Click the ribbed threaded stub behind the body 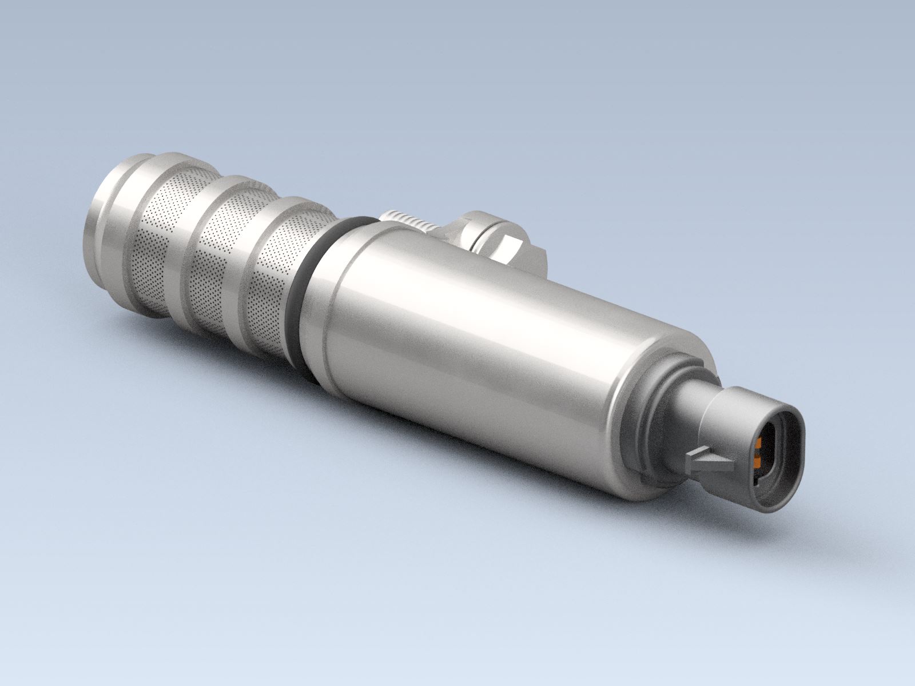[406, 220]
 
